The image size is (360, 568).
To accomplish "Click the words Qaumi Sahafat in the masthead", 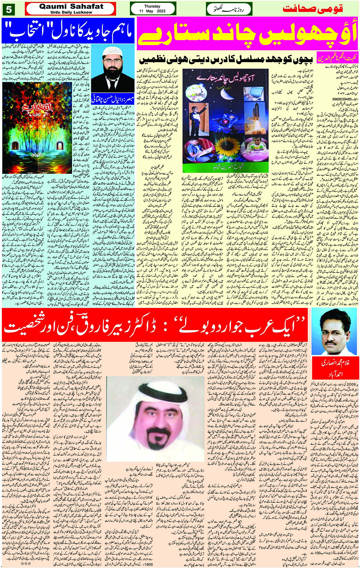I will pyautogui.click(x=71, y=6).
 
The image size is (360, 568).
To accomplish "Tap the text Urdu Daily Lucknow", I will pyautogui.click(x=71, y=12).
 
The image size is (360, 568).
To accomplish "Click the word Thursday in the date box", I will pyautogui.click(x=152, y=6).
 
